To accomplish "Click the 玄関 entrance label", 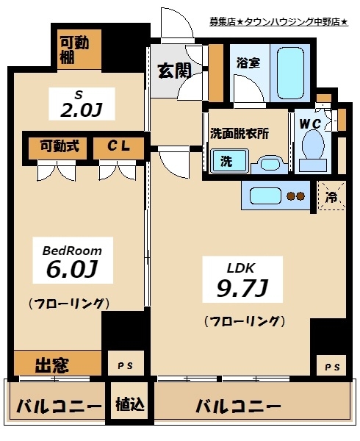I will (174, 71).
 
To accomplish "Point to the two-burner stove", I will (295, 196).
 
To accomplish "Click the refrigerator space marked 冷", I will (331, 197).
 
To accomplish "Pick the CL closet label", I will (118, 146).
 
